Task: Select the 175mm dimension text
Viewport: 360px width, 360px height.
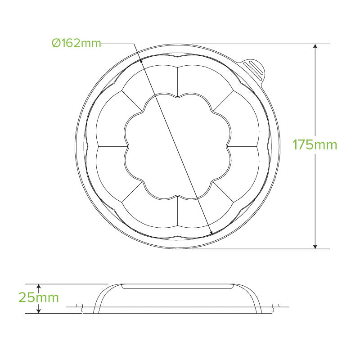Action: (315, 145)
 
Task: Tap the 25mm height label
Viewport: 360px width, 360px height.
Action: (39, 297)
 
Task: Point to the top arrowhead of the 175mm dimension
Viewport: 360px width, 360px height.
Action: (315, 47)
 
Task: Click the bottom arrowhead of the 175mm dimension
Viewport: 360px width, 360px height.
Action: (315, 246)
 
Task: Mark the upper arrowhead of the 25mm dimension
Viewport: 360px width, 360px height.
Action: (39, 287)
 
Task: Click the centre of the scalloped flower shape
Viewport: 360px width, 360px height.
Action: (178, 146)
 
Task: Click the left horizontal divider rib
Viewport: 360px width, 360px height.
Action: (111, 146)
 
